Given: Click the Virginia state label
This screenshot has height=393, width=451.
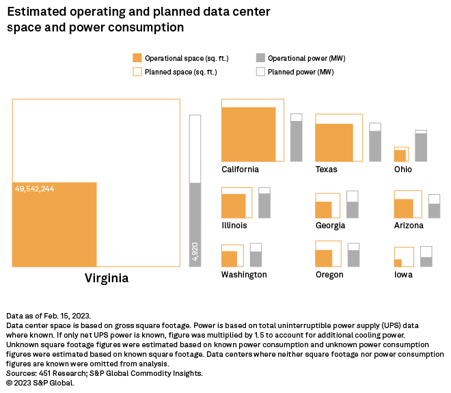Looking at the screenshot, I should pos(106,279).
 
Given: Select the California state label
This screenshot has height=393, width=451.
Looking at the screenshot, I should pos(240,170).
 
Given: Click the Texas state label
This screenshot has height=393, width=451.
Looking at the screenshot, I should pos(326,170).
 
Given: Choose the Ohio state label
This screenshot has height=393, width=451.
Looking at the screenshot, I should pos(403,170).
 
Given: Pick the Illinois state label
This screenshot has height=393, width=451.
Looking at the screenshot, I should pos(234,225).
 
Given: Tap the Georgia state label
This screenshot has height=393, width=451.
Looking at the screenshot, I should pos(330,226).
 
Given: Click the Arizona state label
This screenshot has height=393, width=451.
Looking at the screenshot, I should pos(409,226).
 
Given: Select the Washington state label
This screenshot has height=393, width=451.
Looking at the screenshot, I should pos(244,275).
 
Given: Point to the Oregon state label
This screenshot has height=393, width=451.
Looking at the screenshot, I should pos(329,275).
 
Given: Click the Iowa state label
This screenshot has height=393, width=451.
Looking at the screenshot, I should pos(403,275).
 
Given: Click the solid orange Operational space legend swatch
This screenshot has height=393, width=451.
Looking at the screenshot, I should pos(137,58).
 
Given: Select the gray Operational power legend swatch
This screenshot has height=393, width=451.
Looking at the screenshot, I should pos(260,58).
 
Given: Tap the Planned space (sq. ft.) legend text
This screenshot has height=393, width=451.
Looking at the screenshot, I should pos(181,72).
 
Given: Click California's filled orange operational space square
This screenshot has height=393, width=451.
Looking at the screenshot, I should pos(249,134).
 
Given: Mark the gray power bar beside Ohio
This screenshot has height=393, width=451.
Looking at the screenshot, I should pos(421,147).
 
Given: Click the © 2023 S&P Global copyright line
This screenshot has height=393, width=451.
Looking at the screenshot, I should pos(40,383).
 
